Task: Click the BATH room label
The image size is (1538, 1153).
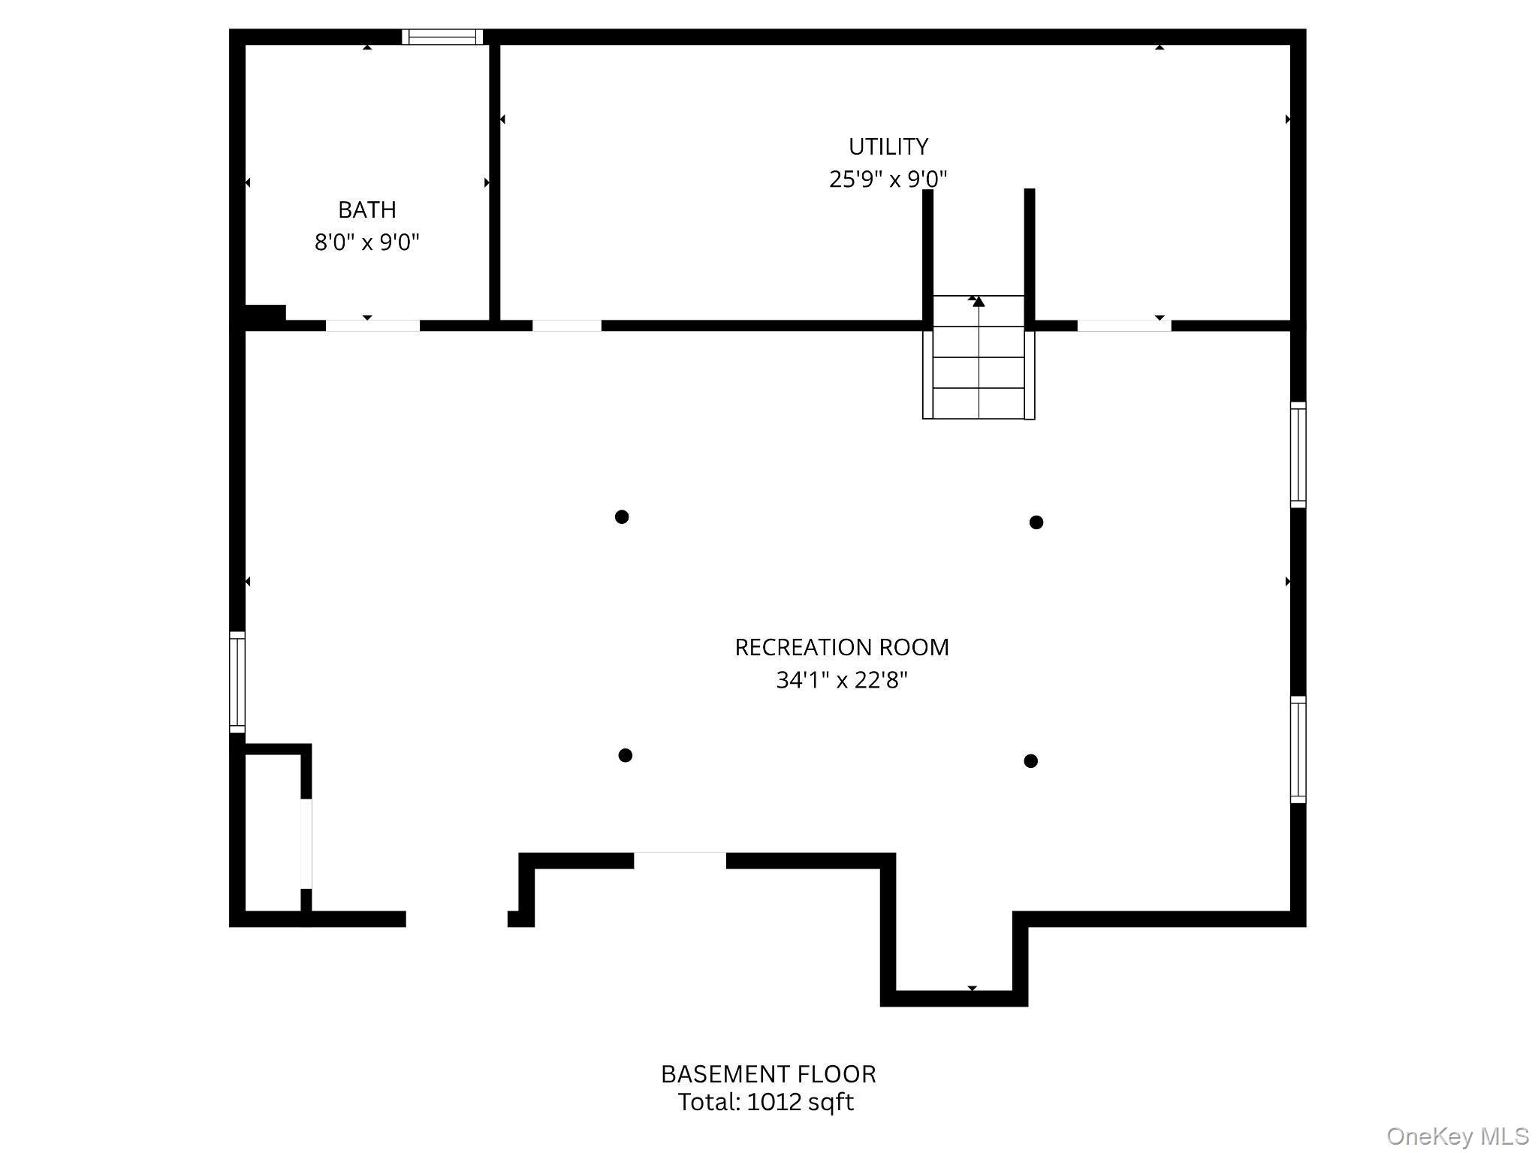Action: [366, 209]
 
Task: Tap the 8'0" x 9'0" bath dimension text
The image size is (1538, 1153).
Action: [366, 242]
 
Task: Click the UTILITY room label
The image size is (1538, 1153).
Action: [888, 146]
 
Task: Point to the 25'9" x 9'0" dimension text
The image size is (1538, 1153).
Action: [888, 179]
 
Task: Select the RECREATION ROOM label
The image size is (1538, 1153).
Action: [841, 647]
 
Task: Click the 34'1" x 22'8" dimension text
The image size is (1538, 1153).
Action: [841, 680]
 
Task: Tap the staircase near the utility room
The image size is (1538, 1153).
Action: [979, 357]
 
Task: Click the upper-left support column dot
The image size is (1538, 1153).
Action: [622, 516]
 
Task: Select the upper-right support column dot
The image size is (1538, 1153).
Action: [1036, 522]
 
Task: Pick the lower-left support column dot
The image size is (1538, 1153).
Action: [626, 755]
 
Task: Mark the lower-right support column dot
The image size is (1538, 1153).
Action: [1031, 761]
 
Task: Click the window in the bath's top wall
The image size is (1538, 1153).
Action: [442, 37]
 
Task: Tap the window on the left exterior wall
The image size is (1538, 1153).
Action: [237, 682]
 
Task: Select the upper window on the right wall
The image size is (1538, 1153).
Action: [1298, 455]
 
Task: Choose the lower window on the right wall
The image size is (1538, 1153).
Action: [1298, 750]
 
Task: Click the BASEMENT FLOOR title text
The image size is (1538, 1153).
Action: [768, 1074]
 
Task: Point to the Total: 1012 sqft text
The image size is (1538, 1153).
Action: [765, 1102]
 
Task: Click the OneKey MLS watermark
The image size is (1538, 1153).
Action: [1458, 1136]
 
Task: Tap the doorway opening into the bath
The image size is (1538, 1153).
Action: [372, 326]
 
